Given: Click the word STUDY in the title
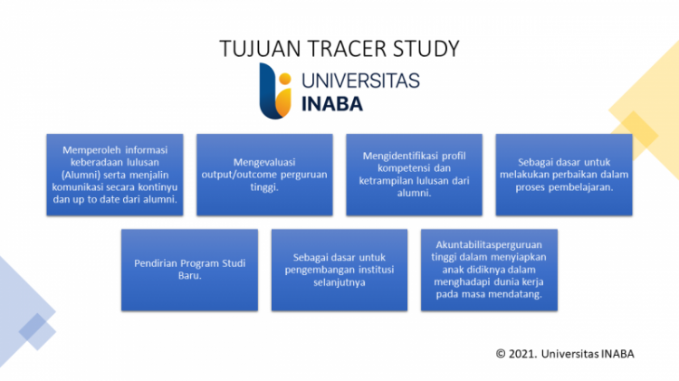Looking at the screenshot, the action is pos(426,49).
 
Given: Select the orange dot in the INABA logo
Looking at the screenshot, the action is pos(285,79).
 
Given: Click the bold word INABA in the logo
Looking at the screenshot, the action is pos(332,104).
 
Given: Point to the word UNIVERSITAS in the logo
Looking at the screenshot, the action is pos(360,81).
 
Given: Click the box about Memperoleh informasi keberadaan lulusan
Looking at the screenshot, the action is pos(115,175).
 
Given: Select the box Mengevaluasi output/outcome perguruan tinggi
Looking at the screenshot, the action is pos(264,175).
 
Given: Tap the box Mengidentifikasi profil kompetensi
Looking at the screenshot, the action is pos(414,175).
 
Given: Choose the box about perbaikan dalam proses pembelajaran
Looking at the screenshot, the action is pos(564,175).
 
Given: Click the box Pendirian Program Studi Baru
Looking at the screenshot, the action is pos(190,270).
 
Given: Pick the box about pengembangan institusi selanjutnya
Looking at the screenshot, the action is pos(339,270).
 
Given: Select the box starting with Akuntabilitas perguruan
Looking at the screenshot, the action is pos(489,270).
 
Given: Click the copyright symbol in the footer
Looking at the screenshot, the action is pos(501,354).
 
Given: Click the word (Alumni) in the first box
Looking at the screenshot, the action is pos(79,175).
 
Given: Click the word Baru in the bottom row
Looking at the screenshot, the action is pos(190,276).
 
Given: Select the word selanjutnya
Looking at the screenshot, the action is pos(339,282).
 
